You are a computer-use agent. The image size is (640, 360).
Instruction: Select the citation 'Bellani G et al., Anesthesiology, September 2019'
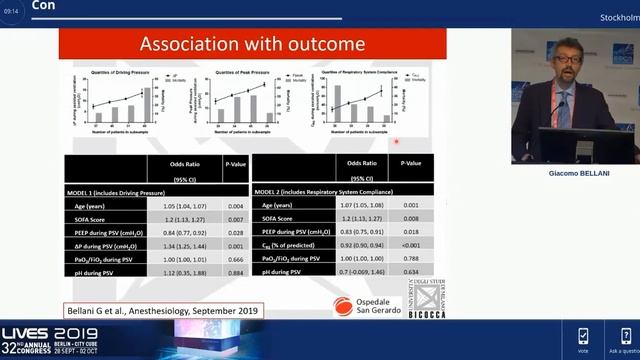pos(164,311)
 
